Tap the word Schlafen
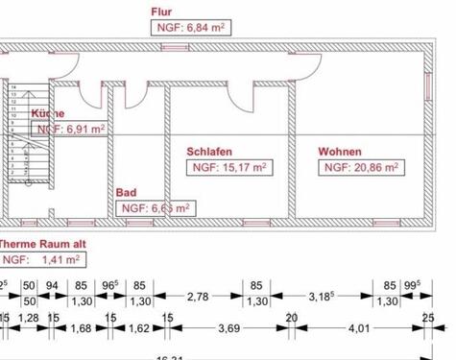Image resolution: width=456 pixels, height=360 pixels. pyautogui.click(x=208, y=152)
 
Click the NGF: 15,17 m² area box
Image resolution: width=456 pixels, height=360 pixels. pyautogui.click(x=228, y=167)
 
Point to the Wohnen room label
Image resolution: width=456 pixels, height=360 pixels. pyautogui.click(x=342, y=152)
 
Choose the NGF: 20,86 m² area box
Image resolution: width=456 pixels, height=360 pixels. pyautogui.click(x=361, y=167)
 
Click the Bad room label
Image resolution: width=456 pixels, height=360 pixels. pyautogui.click(x=126, y=193)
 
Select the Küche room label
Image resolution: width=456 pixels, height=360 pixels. pyautogui.click(x=48, y=114)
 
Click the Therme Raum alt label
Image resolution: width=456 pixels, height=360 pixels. pyautogui.click(x=42, y=244)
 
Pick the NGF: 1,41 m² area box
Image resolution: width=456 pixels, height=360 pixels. pyautogui.click(x=36, y=259)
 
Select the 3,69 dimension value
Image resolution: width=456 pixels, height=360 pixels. pyautogui.click(x=228, y=329)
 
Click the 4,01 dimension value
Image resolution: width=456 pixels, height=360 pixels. pyautogui.click(x=358, y=329)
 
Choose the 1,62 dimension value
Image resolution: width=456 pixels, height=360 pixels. pyautogui.click(x=139, y=329)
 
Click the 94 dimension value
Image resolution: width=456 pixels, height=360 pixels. pyautogui.click(x=53, y=285)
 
